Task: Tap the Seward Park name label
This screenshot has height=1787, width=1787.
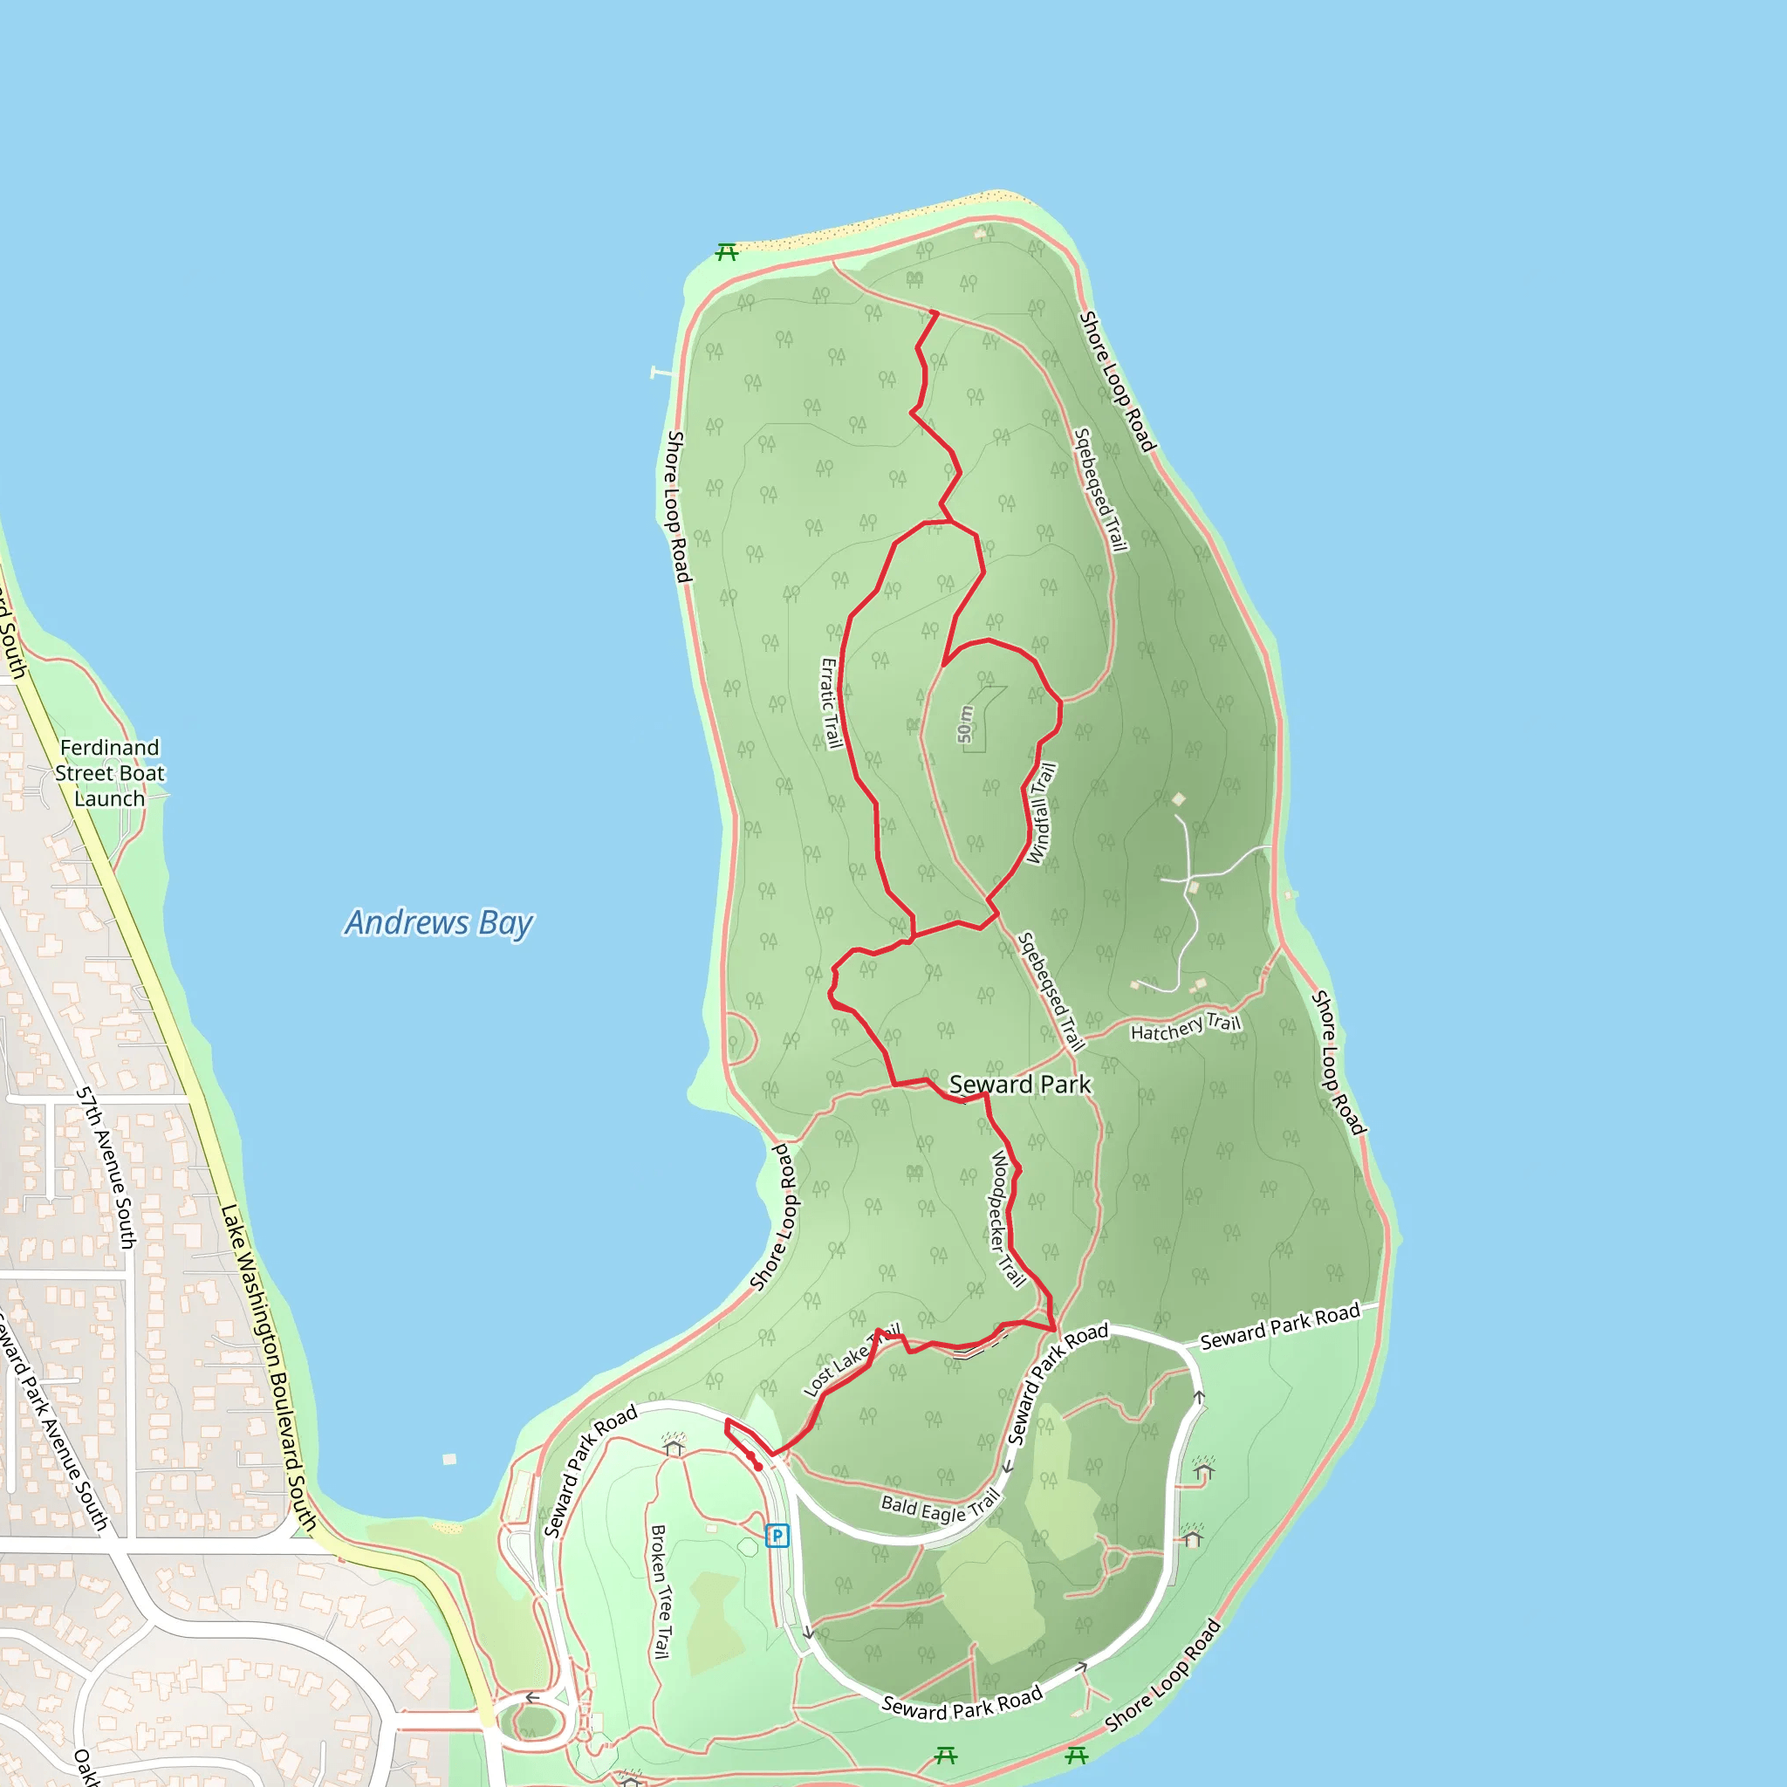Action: point(1019,1084)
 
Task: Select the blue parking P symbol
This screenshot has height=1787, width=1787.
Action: point(777,1536)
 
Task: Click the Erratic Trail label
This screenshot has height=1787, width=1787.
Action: point(832,702)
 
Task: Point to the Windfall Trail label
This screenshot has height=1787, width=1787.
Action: point(1042,814)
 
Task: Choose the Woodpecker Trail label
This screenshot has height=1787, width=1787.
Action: point(1007,1218)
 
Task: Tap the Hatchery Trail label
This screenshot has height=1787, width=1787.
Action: point(1185,1027)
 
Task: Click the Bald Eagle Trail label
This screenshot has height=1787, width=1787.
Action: point(940,1507)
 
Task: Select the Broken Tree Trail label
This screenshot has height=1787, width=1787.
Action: point(661,1592)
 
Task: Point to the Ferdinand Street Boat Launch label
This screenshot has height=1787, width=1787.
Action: point(109,772)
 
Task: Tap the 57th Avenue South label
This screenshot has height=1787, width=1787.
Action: point(106,1167)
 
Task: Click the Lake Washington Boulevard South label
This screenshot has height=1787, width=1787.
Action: point(268,1369)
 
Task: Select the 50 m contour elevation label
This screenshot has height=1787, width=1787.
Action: point(965,724)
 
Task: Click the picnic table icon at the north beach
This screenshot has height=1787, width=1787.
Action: point(727,251)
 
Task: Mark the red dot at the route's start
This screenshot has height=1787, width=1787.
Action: point(757,1466)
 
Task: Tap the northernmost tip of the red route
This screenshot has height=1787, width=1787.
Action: point(936,312)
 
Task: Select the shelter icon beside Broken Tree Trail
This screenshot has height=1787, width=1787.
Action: point(674,1445)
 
